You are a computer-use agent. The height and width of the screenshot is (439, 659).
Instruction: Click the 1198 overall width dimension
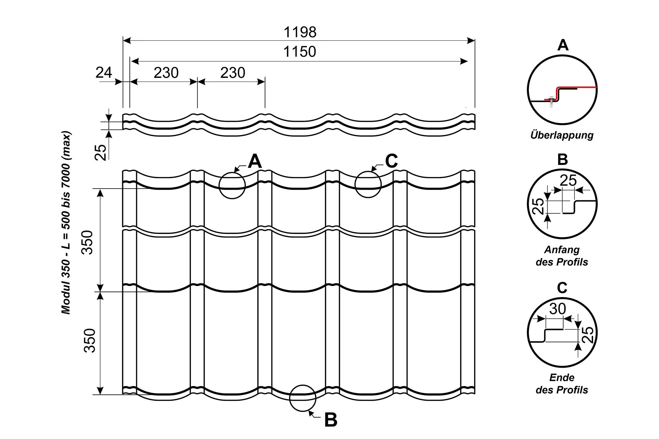click(300, 32)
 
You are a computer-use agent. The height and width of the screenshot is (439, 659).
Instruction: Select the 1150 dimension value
click(299, 52)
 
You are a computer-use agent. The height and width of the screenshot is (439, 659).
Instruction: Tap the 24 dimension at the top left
click(104, 73)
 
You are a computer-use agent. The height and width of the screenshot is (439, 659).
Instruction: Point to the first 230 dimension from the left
click(166, 73)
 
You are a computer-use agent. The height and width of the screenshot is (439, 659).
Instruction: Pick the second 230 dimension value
click(233, 73)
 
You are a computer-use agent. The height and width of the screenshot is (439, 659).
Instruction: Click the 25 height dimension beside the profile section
click(101, 152)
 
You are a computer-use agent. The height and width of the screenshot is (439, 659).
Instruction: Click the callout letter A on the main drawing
click(255, 161)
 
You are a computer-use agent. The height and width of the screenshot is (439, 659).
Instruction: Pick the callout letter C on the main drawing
click(391, 161)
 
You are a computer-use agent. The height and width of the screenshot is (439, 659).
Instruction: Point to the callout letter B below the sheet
click(331, 420)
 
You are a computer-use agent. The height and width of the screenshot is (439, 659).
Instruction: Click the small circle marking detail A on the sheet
click(232, 186)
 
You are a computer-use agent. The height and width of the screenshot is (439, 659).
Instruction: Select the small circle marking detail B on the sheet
click(302, 398)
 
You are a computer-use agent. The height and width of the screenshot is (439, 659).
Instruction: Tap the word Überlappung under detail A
click(562, 135)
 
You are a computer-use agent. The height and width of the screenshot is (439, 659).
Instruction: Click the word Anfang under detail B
click(562, 250)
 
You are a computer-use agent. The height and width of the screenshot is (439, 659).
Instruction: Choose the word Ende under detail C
click(562, 378)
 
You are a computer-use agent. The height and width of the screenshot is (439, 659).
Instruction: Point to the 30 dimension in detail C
click(557, 309)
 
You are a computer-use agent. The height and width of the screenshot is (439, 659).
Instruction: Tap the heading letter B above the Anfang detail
click(563, 160)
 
